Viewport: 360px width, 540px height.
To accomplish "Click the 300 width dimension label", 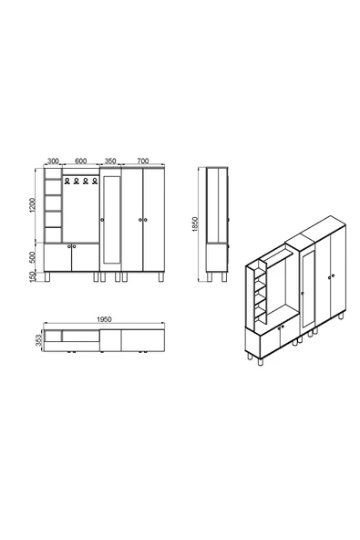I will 52,161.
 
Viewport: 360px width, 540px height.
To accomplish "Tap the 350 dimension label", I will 110,161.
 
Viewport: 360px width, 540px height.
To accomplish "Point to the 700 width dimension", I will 142,161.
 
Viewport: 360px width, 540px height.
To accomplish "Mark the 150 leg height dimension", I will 33,275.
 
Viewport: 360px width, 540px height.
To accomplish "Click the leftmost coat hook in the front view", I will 68,181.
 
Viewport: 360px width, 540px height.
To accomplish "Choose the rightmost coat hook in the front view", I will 94,181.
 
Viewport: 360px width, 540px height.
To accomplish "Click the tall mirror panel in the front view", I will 111,218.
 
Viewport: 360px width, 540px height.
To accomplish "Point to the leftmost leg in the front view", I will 48,275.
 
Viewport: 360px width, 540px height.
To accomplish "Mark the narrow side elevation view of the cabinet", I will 216,223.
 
